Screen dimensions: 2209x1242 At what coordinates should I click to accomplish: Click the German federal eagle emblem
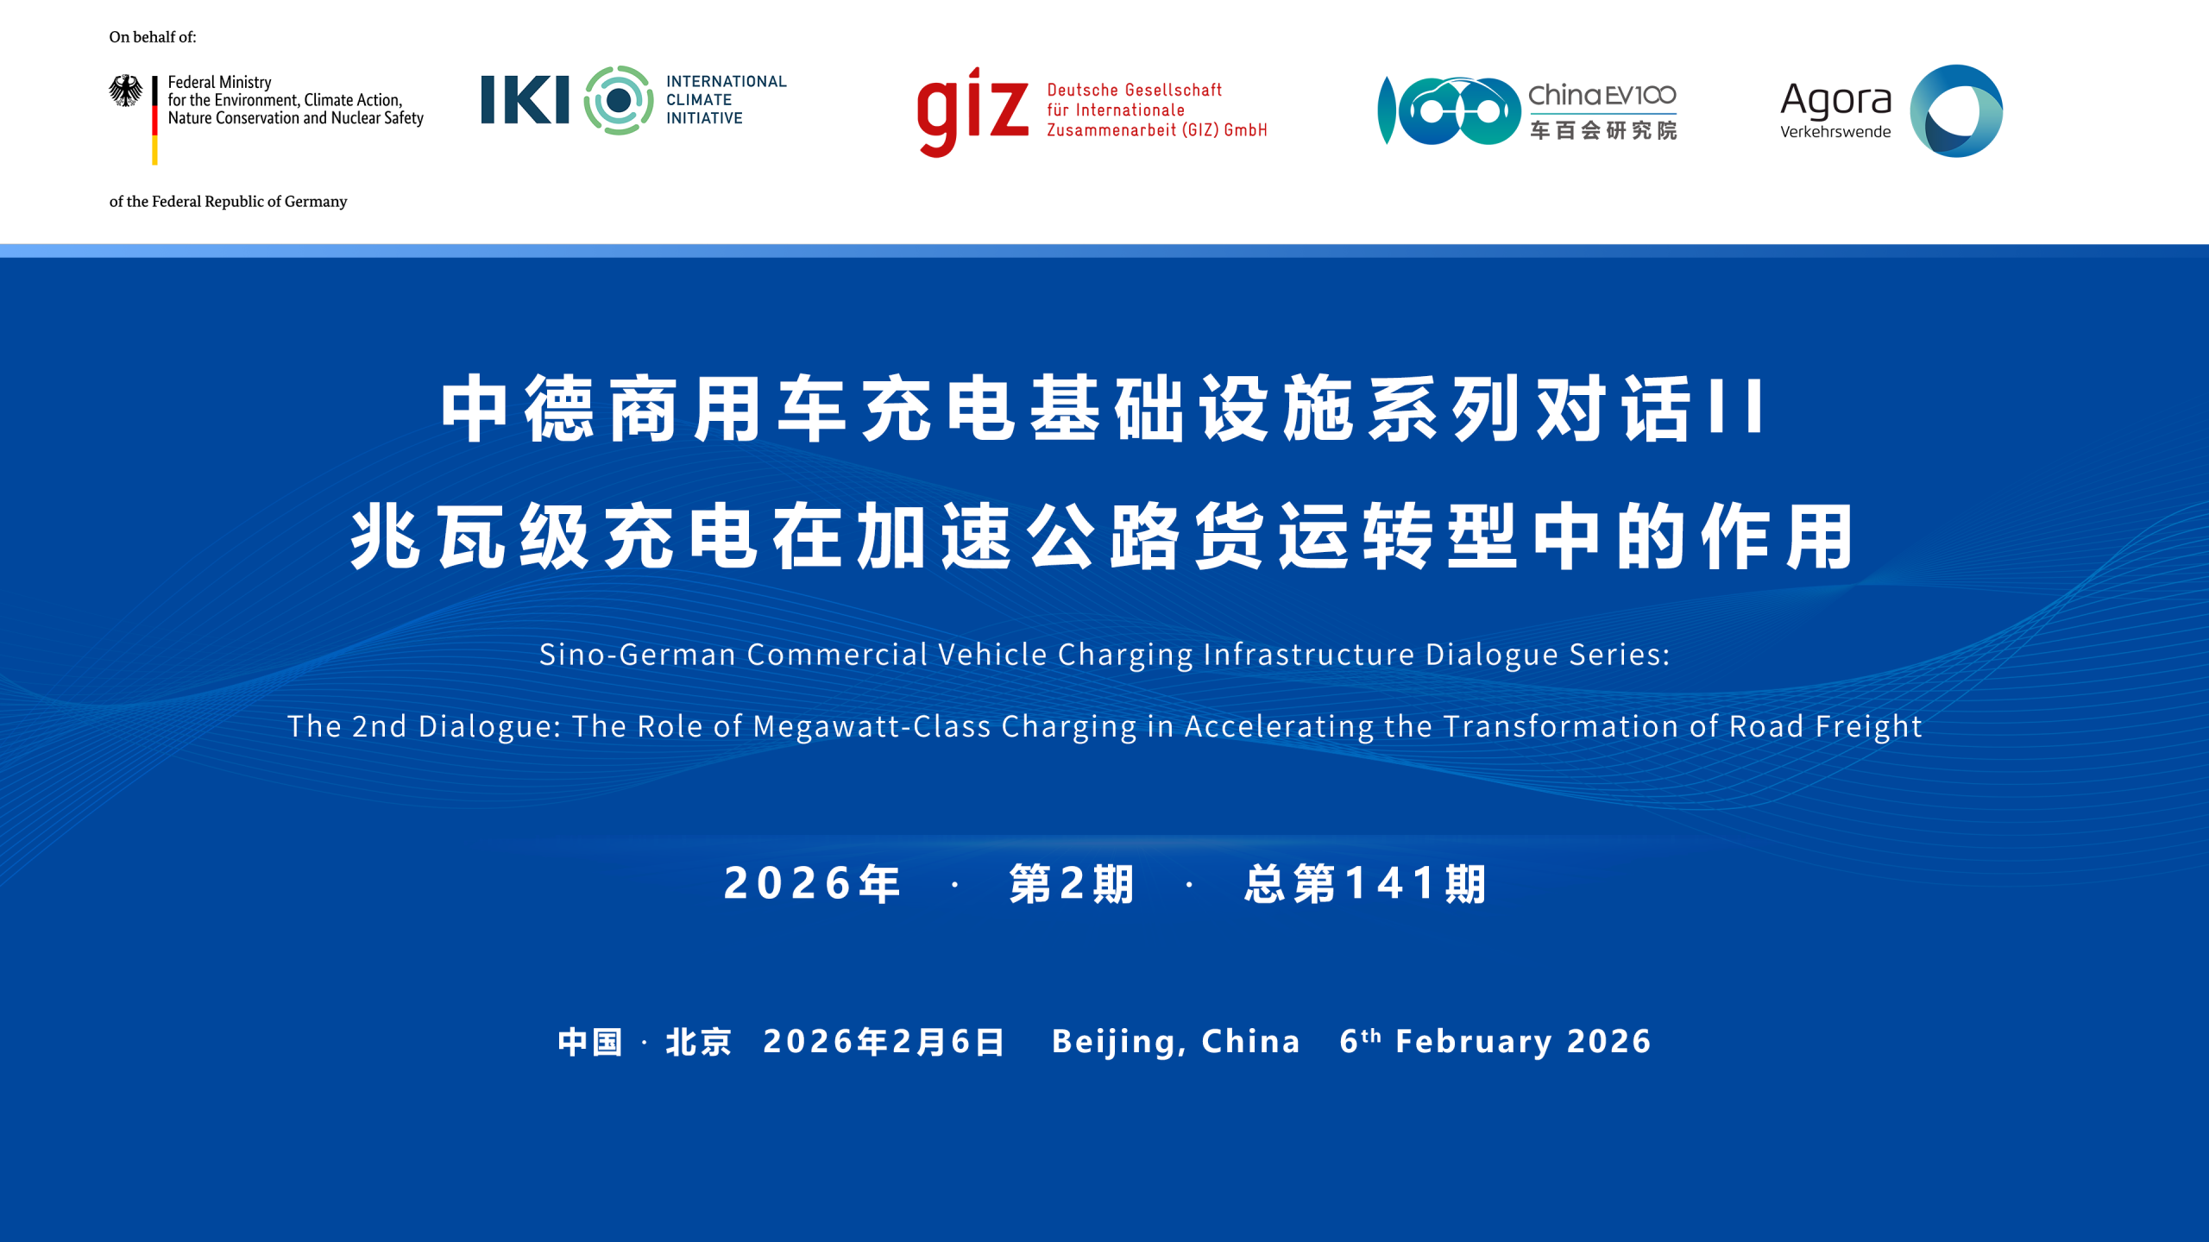pyautogui.click(x=125, y=91)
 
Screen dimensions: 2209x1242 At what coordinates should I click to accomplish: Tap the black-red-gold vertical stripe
pyautogui.click(x=154, y=120)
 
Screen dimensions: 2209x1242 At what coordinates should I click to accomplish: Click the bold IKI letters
pyautogui.click(x=525, y=100)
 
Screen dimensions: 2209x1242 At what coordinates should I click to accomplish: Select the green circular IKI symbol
pyautogui.click(x=618, y=100)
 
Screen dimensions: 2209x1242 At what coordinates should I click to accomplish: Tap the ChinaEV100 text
pyautogui.click(x=1602, y=95)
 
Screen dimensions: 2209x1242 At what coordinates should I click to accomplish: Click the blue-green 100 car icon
pyautogui.click(x=1449, y=110)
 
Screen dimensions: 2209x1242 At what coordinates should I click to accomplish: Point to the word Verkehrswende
pyautogui.click(x=1835, y=132)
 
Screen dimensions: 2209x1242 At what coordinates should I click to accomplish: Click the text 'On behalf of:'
pyautogui.click(x=153, y=37)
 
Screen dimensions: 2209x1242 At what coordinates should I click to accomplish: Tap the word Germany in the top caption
pyautogui.click(x=316, y=202)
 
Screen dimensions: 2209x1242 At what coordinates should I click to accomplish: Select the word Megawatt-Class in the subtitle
pyautogui.click(x=872, y=726)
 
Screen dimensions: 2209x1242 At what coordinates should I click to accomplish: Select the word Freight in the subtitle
pyautogui.click(x=1868, y=726)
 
